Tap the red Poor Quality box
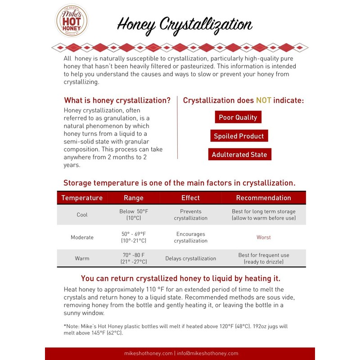click(238, 117)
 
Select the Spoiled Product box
click(239, 136)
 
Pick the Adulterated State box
click(239, 154)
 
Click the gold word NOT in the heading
click(264, 100)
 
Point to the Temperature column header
click(82, 198)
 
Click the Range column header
click(134, 198)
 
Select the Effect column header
click(190, 198)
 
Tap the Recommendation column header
click(264, 198)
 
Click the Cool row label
click(82, 215)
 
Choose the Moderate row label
click(82, 237)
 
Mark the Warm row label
click(82, 258)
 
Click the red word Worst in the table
click(264, 237)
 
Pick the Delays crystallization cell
click(190, 258)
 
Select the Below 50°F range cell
click(134, 215)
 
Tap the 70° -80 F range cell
click(134, 258)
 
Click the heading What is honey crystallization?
click(117, 100)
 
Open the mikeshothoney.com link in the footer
click(148, 353)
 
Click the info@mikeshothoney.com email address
click(207, 353)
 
